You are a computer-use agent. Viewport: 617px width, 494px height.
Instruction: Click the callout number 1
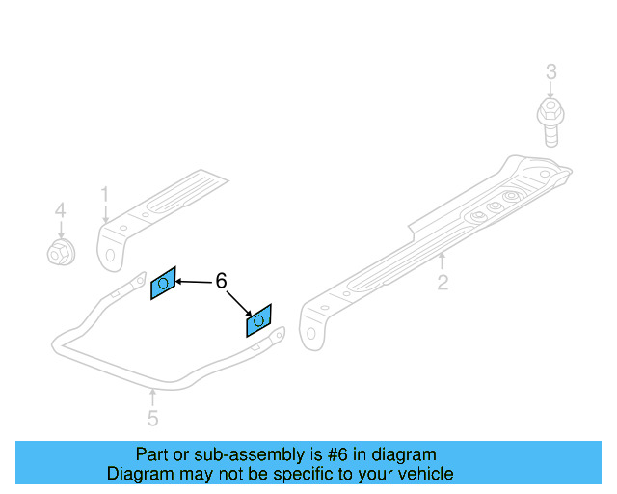point(105,196)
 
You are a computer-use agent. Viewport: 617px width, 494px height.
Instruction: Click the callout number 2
point(443,283)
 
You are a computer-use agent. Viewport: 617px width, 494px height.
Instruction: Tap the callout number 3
point(550,71)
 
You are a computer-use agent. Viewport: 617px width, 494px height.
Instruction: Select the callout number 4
point(60,209)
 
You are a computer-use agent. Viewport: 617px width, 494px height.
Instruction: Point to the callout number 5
point(152,418)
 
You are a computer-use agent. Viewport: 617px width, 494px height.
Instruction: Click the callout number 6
point(221,281)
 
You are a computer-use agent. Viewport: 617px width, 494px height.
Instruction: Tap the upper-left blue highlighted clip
point(163,283)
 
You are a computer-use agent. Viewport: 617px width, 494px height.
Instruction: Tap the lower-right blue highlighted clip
point(259,320)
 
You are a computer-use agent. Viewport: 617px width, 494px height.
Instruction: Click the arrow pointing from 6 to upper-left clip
point(193,282)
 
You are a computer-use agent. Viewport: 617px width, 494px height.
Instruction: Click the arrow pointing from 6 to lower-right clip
point(239,302)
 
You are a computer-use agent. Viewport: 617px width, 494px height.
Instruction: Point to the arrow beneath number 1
point(105,216)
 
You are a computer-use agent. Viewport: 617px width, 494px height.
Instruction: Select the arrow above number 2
point(442,261)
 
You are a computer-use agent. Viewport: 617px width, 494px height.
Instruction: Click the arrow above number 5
point(152,396)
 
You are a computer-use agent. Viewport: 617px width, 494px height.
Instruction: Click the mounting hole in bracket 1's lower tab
point(110,257)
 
